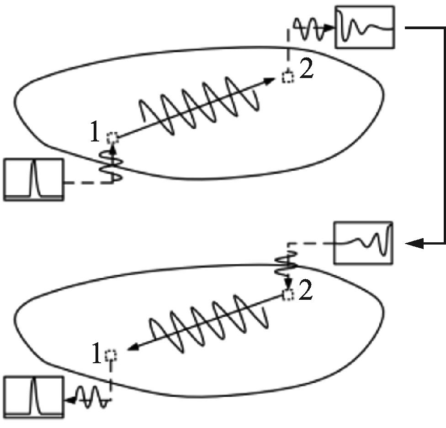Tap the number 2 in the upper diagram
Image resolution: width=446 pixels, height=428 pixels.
[x=307, y=71]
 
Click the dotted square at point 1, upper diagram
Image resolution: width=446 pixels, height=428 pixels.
[x=112, y=137]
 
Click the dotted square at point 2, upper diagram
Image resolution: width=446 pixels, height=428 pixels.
[x=287, y=77]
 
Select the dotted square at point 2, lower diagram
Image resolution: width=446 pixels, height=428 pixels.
[x=288, y=295]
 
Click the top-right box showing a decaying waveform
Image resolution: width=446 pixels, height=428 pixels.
[x=364, y=27]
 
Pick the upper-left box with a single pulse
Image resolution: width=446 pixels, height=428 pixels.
[x=33, y=179]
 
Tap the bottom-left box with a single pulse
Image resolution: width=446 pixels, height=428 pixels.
[x=33, y=397]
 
